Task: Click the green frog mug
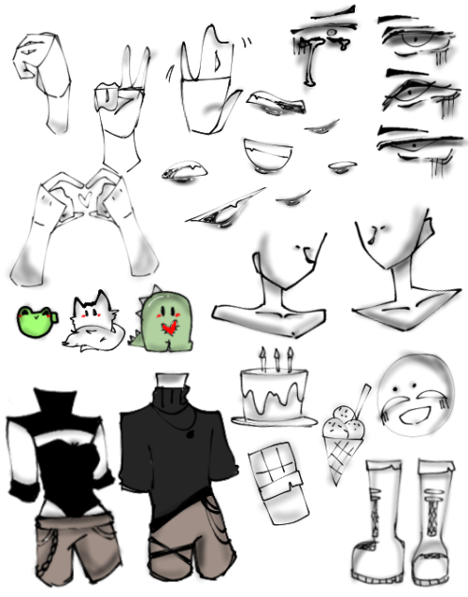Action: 35,321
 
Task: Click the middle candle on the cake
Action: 277,358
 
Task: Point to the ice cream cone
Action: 344,444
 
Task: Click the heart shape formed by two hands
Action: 84,199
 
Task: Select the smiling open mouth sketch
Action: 270,154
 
